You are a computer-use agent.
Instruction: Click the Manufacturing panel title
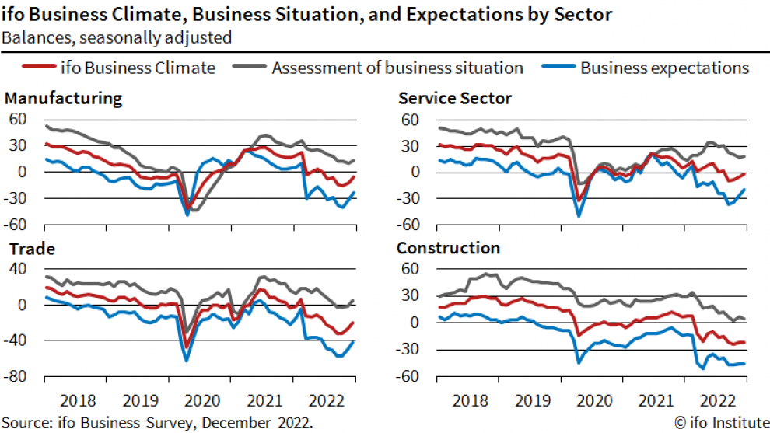pyautogui.click(x=63, y=98)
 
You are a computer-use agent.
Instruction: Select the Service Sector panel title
pyautogui.click(x=454, y=98)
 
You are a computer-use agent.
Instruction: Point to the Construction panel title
pyautogui.click(x=448, y=249)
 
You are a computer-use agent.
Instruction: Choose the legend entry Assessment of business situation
pyautogui.click(x=397, y=68)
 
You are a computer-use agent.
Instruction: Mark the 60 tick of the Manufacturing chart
pyautogui.click(x=19, y=120)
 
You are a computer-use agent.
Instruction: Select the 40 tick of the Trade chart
pyautogui.click(x=19, y=269)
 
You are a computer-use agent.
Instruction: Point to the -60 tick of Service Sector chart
pyautogui.click(x=408, y=225)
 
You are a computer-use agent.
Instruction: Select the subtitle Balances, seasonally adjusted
pyautogui.click(x=117, y=36)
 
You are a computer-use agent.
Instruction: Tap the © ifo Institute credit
pyautogui.click(x=720, y=423)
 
